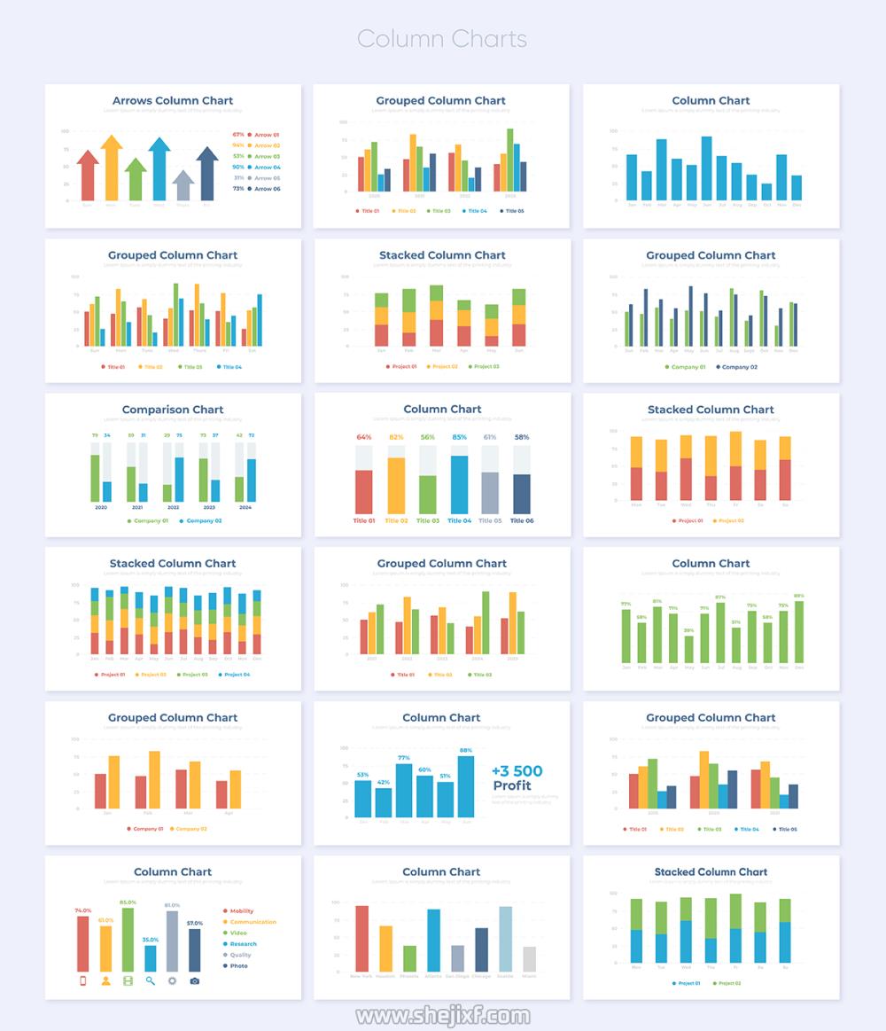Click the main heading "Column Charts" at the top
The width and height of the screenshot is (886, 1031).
[x=442, y=39]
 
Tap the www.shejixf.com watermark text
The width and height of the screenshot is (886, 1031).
[x=442, y=1015]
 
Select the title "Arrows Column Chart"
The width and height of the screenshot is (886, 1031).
[x=173, y=101]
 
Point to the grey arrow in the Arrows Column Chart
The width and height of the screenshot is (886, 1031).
[x=183, y=186]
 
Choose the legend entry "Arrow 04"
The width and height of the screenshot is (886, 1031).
[x=268, y=167]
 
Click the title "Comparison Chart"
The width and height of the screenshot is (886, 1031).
[x=173, y=410]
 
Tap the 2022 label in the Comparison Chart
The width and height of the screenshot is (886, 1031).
[x=173, y=508]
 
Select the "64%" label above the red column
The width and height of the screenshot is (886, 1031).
[x=364, y=437]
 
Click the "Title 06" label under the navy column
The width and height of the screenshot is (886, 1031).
[x=522, y=520]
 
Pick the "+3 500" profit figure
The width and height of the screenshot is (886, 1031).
[x=517, y=771]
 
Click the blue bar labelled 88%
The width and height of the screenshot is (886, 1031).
[x=466, y=786]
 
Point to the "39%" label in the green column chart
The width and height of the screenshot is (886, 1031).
[x=688, y=630]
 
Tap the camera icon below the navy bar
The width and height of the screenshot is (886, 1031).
[x=195, y=980]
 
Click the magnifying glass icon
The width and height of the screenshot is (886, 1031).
[x=151, y=980]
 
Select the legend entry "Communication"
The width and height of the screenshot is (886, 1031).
[x=253, y=922]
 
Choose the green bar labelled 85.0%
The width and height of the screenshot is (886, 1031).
[x=128, y=940]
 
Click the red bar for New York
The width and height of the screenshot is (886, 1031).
[x=361, y=938]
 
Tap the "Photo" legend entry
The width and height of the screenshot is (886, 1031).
[x=238, y=965]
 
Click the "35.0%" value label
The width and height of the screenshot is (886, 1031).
[x=151, y=940]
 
